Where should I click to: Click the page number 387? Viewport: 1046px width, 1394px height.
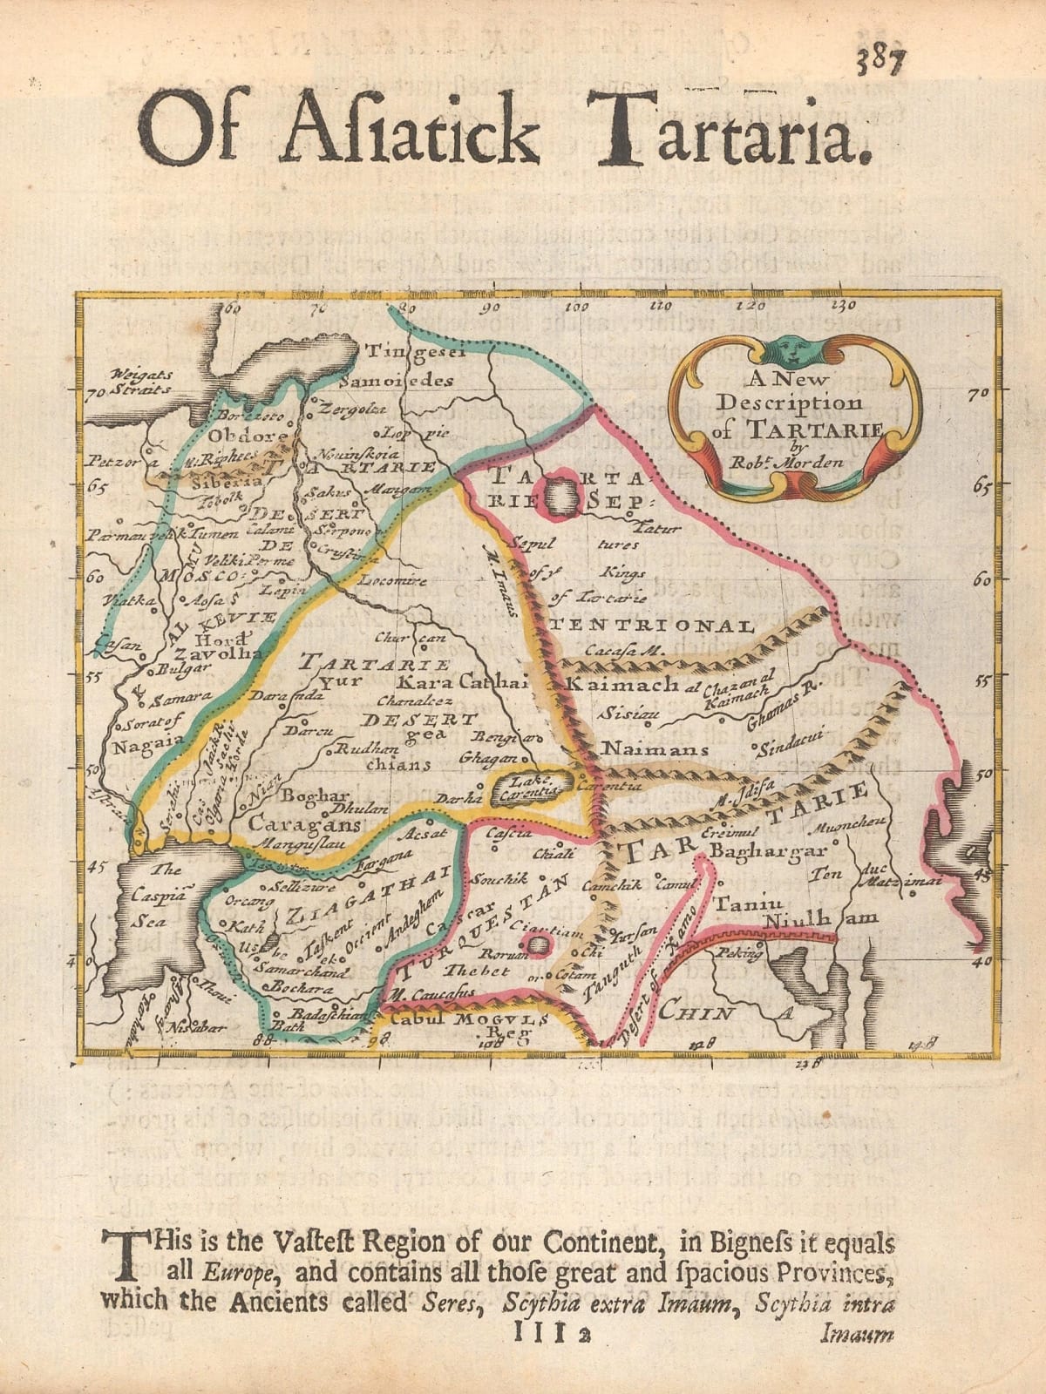(x=881, y=63)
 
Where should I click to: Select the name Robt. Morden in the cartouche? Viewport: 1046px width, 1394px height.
(x=795, y=462)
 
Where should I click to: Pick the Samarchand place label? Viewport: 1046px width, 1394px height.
(x=304, y=971)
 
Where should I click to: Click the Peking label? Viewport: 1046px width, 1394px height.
(x=738, y=953)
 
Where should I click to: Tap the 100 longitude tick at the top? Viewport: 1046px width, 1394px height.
(x=576, y=308)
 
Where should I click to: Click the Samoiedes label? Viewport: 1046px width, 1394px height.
(x=397, y=381)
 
